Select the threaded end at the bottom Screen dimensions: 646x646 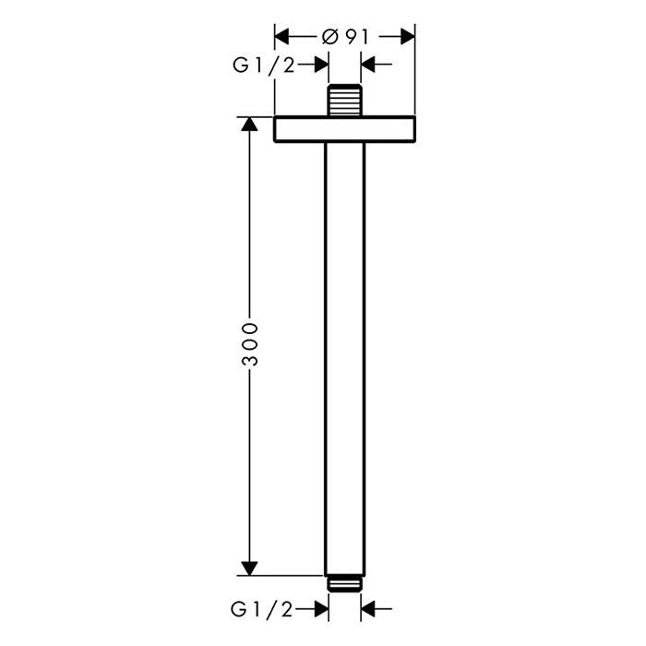[345, 582]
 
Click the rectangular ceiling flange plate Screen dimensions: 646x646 [345, 129]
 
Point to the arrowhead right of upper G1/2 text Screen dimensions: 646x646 [321, 65]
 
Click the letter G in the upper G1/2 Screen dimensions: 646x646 [238, 65]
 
